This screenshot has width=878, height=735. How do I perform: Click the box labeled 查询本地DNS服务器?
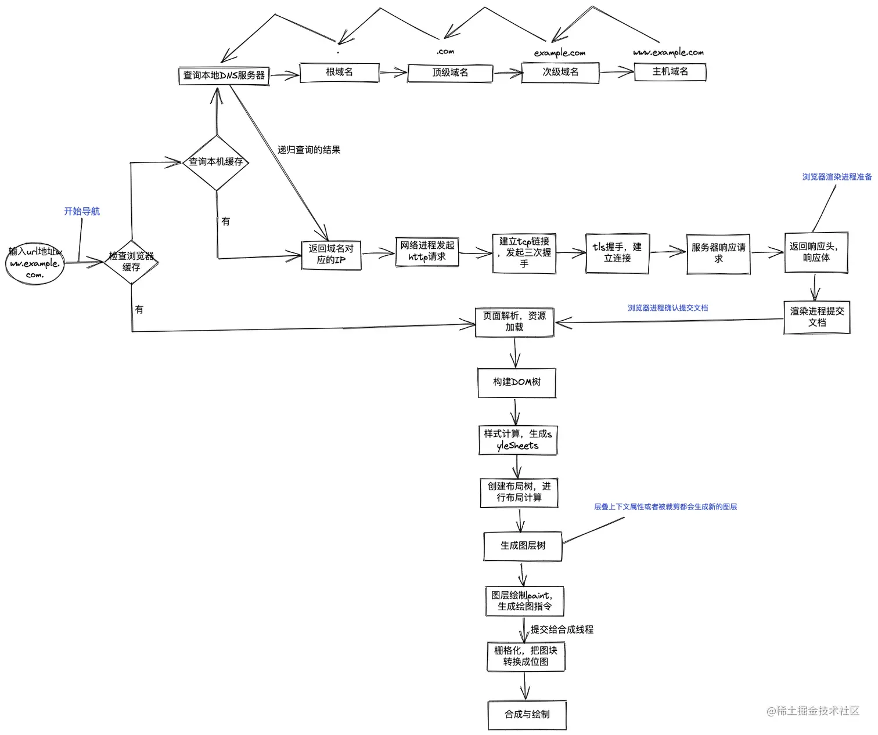[x=224, y=76]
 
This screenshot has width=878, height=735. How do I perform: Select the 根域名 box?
[x=339, y=73]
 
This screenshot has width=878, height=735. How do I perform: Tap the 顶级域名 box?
[x=450, y=73]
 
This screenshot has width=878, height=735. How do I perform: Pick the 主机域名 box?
[x=670, y=72]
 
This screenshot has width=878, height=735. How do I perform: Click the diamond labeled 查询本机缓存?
[x=216, y=162]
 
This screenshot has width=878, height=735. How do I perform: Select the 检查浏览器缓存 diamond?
[x=131, y=262]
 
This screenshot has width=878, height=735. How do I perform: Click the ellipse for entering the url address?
[x=35, y=263]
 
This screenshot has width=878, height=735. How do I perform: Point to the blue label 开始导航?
[x=82, y=211]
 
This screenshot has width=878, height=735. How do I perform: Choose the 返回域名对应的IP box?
[x=331, y=255]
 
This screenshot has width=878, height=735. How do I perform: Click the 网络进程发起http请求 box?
[x=427, y=252]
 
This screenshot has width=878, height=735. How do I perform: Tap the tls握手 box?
[x=617, y=253]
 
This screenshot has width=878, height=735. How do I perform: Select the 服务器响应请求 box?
[x=718, y=254]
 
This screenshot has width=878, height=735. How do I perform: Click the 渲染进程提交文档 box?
[x=816, y=317]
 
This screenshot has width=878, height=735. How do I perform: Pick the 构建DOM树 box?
[x=517, y=382]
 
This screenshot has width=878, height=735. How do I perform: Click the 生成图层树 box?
[x=523, y=546]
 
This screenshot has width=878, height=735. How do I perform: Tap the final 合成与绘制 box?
[x=527, y=715]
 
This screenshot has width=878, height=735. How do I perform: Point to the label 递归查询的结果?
[x=309, y=150]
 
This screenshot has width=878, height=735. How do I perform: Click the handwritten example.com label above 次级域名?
[x=560, y=53]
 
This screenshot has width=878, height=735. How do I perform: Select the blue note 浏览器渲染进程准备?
[x=837, y=177]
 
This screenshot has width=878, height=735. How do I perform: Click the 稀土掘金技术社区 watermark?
[x=813, y=711]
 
